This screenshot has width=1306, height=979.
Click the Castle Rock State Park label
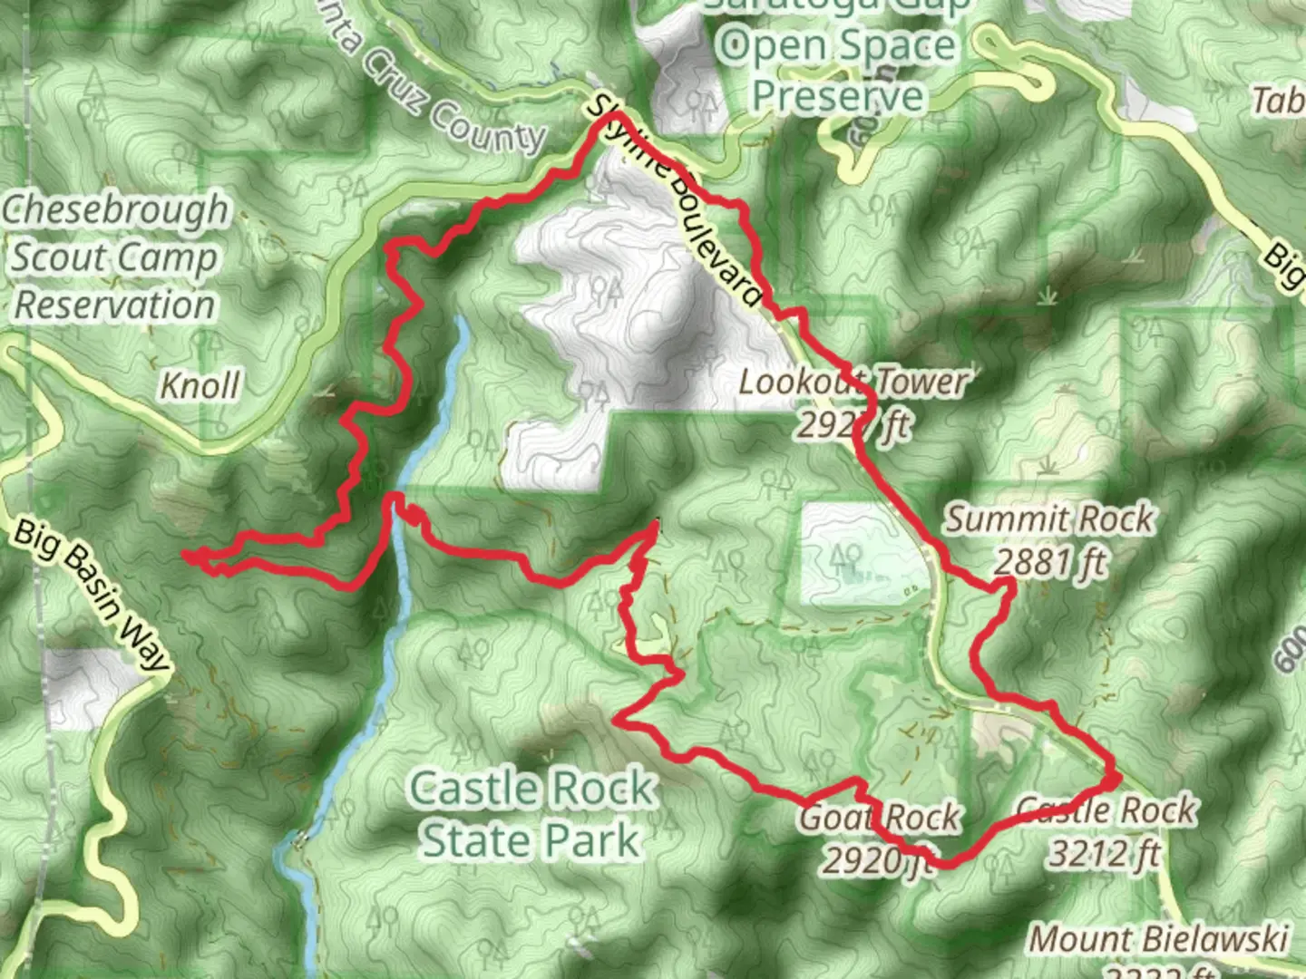pyautogui.click(x=531, y=814)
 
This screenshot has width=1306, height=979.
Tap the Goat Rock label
pyautogui.click(x=878, y=818)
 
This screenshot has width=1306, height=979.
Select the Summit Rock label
pyautogui.click(x=1049, y=520)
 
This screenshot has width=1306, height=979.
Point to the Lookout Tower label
pyautogui.click(x=853, y=382)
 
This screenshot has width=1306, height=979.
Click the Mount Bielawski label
pyautogui.click(x=1159, y=939)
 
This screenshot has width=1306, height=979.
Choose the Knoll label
pyautogui.click(x=200, y=386)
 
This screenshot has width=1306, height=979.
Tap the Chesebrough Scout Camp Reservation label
pyautogui.click(x=114, y=257)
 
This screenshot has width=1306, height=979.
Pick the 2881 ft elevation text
pyautogui.click(x=1050, y=564)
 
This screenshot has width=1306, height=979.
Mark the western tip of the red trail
pyautogui.click(x=185, y=553)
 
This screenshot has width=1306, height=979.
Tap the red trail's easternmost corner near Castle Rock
pyautogui.click(x=1117, y=777)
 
